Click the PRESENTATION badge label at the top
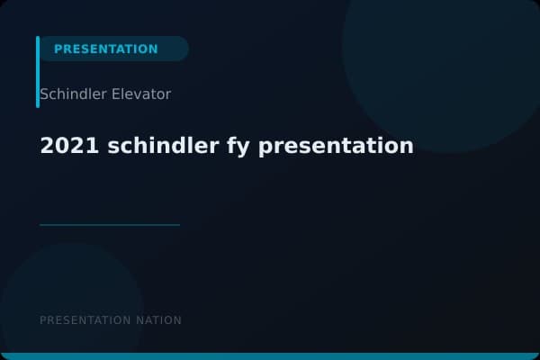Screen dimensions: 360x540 (105, 49)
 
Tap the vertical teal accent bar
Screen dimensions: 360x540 (38, 72)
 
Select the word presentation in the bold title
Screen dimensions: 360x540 (336, 146)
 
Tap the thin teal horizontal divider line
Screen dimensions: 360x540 (110, 225)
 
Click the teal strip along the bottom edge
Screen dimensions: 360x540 (270, 356)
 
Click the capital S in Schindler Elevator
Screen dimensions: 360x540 (44, 94)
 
